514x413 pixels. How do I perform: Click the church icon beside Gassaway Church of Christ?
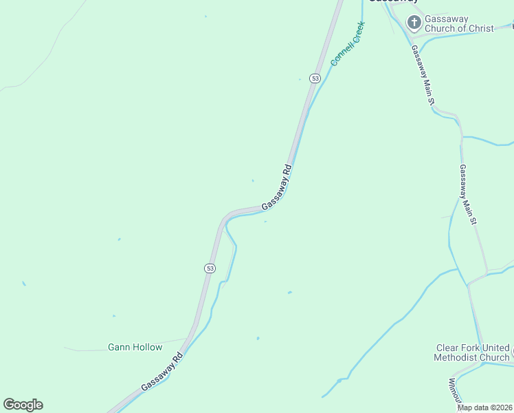(x=414, y=23)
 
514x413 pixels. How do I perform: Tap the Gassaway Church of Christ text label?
(x=458, y=23)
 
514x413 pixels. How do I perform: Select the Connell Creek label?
(x=347, y=43)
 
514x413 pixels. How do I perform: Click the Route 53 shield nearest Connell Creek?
(x=315, y=78)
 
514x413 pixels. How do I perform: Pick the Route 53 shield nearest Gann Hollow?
(x=210, y=268)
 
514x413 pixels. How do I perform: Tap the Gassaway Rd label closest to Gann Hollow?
(x=162, y=372)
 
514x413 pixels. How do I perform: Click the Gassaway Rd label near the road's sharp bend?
(x=277, y=187)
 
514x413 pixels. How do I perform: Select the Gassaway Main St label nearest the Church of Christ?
(x=423, y=76)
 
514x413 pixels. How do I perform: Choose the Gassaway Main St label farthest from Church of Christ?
(x=468, y=195)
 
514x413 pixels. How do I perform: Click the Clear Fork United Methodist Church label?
(x=472, y=352)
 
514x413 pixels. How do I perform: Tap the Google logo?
(x=23, y=405)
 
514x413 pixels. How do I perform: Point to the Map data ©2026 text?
(x=485, y=407)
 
